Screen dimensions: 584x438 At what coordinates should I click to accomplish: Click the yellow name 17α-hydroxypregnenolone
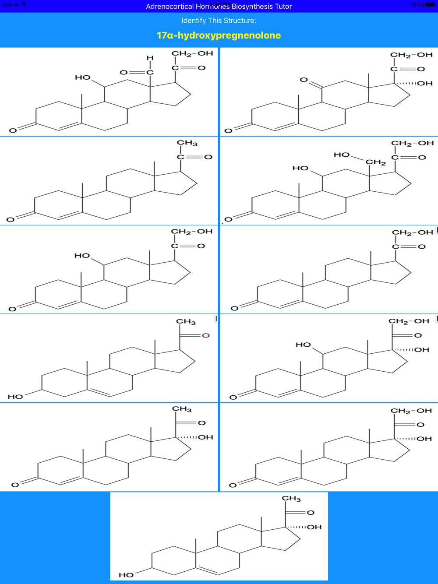[219, 35]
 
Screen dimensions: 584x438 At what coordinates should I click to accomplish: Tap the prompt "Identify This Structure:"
[219, 21]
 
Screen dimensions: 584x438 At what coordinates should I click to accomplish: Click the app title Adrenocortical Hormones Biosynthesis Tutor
[219, 6]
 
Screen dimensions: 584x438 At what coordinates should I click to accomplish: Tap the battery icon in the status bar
[430, 4]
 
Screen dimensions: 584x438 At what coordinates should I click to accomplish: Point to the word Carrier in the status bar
[11, 4]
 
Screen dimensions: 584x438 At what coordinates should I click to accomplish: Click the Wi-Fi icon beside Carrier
[24, 4]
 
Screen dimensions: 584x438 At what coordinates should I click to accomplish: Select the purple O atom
[205, 335]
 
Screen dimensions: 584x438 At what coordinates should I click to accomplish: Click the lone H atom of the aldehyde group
[150, 58]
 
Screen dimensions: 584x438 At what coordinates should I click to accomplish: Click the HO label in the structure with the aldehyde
[82, 77]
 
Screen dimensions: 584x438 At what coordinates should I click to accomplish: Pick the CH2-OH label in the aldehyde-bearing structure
[192, 53]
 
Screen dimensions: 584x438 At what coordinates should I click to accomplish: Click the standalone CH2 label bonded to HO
[375, 162]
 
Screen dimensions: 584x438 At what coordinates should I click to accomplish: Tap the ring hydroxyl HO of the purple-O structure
[15, 397]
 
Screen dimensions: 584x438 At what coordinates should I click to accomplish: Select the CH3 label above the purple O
[186, 322]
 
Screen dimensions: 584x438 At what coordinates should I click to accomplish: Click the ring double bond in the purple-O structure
[100, 392]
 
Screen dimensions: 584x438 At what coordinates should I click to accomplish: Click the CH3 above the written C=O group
[187, 143]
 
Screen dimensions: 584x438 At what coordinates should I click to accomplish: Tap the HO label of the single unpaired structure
[126, 575]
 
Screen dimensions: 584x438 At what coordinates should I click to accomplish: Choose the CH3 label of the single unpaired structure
[291, 499]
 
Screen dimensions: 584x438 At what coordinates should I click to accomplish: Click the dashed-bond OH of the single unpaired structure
[314, 527]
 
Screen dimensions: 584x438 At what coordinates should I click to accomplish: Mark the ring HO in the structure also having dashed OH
[303, 345]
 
